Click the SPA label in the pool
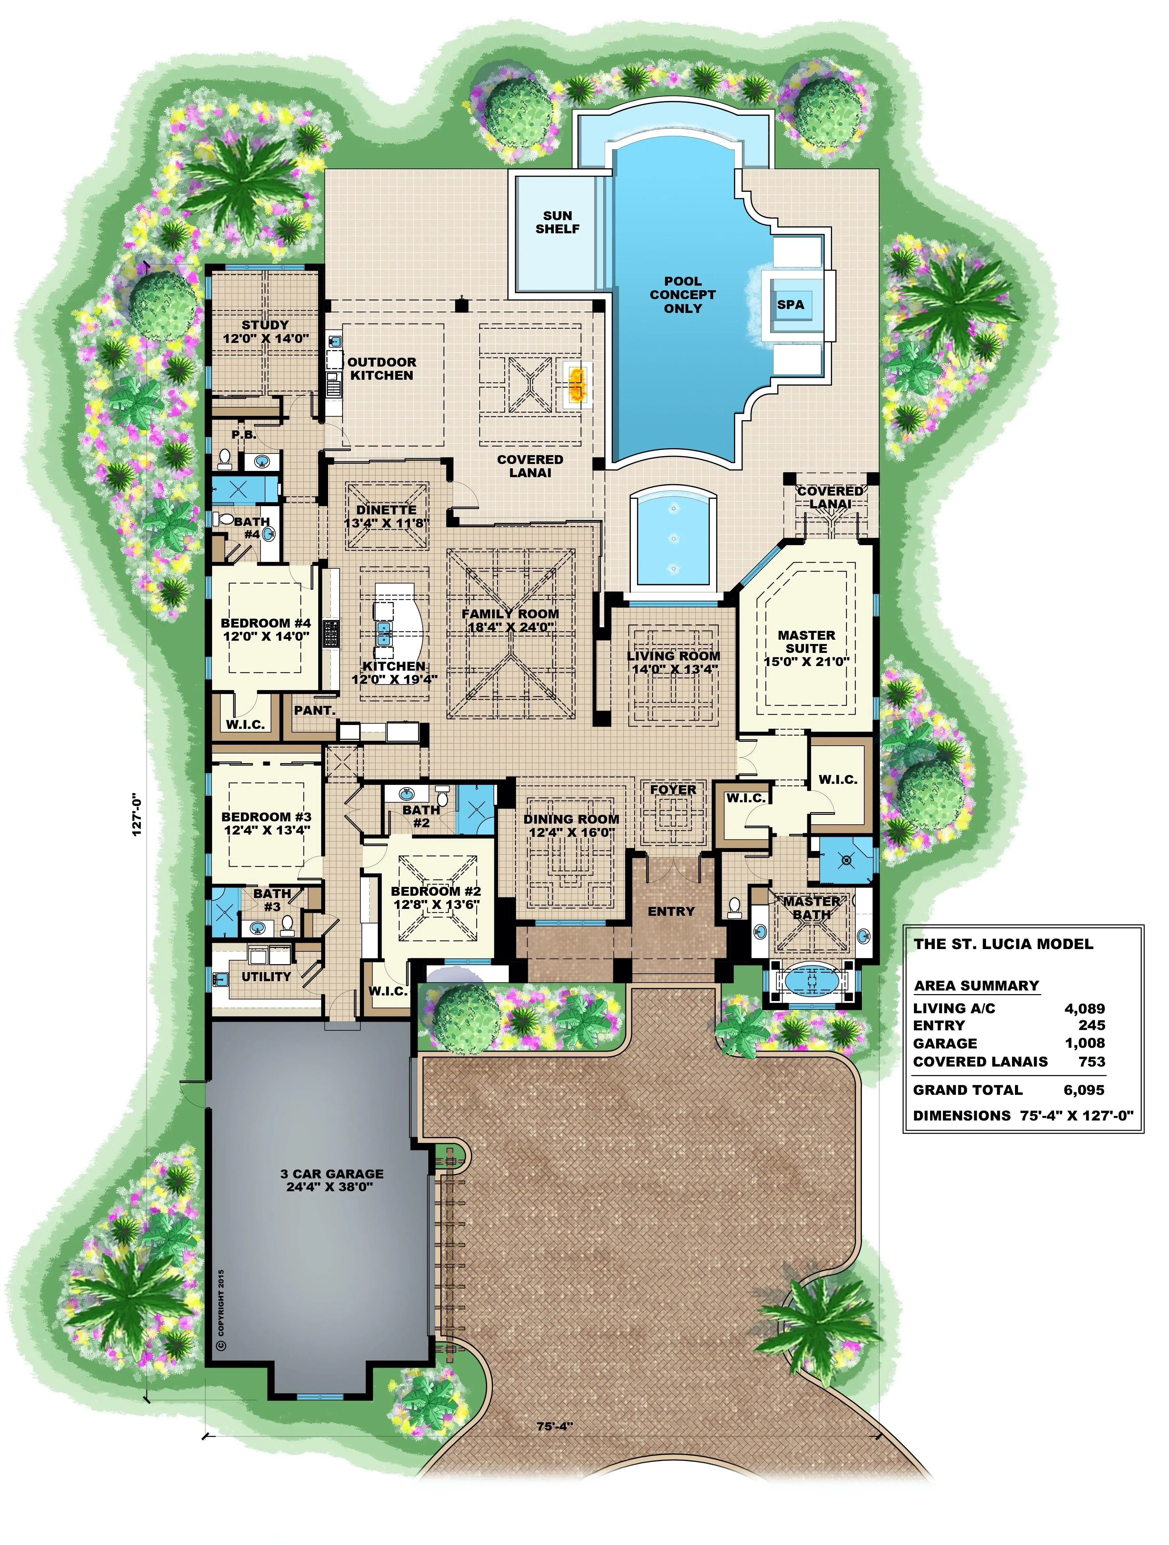click(x=790, y=304)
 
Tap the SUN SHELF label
click(x=558, y=222)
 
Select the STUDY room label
click(x=265, y=325)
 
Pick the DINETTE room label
click(x=386, y=510)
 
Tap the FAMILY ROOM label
click(x=510, y=614)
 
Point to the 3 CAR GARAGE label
click(x=332, y=1174)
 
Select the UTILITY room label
click(x=266, y=976)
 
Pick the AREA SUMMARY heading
click(x=977, y=986)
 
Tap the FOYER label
click(x=673, y=790)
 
